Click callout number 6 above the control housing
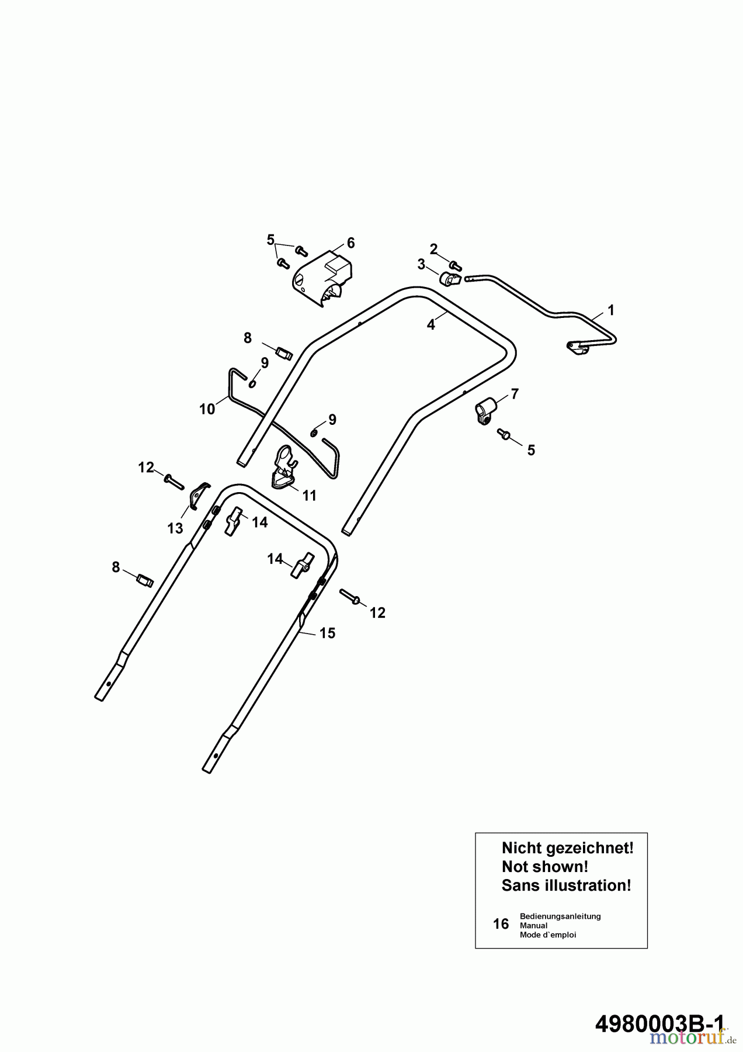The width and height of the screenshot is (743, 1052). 350,243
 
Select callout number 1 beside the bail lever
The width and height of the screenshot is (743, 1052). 610,309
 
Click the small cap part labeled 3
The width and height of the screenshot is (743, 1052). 450,280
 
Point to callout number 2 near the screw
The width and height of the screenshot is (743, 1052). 433,249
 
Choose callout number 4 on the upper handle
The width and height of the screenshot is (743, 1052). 431,325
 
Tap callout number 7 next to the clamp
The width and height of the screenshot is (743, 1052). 515,394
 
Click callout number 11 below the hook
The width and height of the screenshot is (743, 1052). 309,496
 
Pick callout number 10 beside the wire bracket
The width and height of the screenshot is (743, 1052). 207,409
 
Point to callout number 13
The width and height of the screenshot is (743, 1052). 175,528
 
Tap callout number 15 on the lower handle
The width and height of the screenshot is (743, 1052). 327,633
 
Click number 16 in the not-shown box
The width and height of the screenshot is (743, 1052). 501,924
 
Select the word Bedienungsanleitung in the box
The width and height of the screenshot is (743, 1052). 560,916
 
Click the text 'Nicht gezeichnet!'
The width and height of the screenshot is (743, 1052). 567,848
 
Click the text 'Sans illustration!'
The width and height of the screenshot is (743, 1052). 566,885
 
